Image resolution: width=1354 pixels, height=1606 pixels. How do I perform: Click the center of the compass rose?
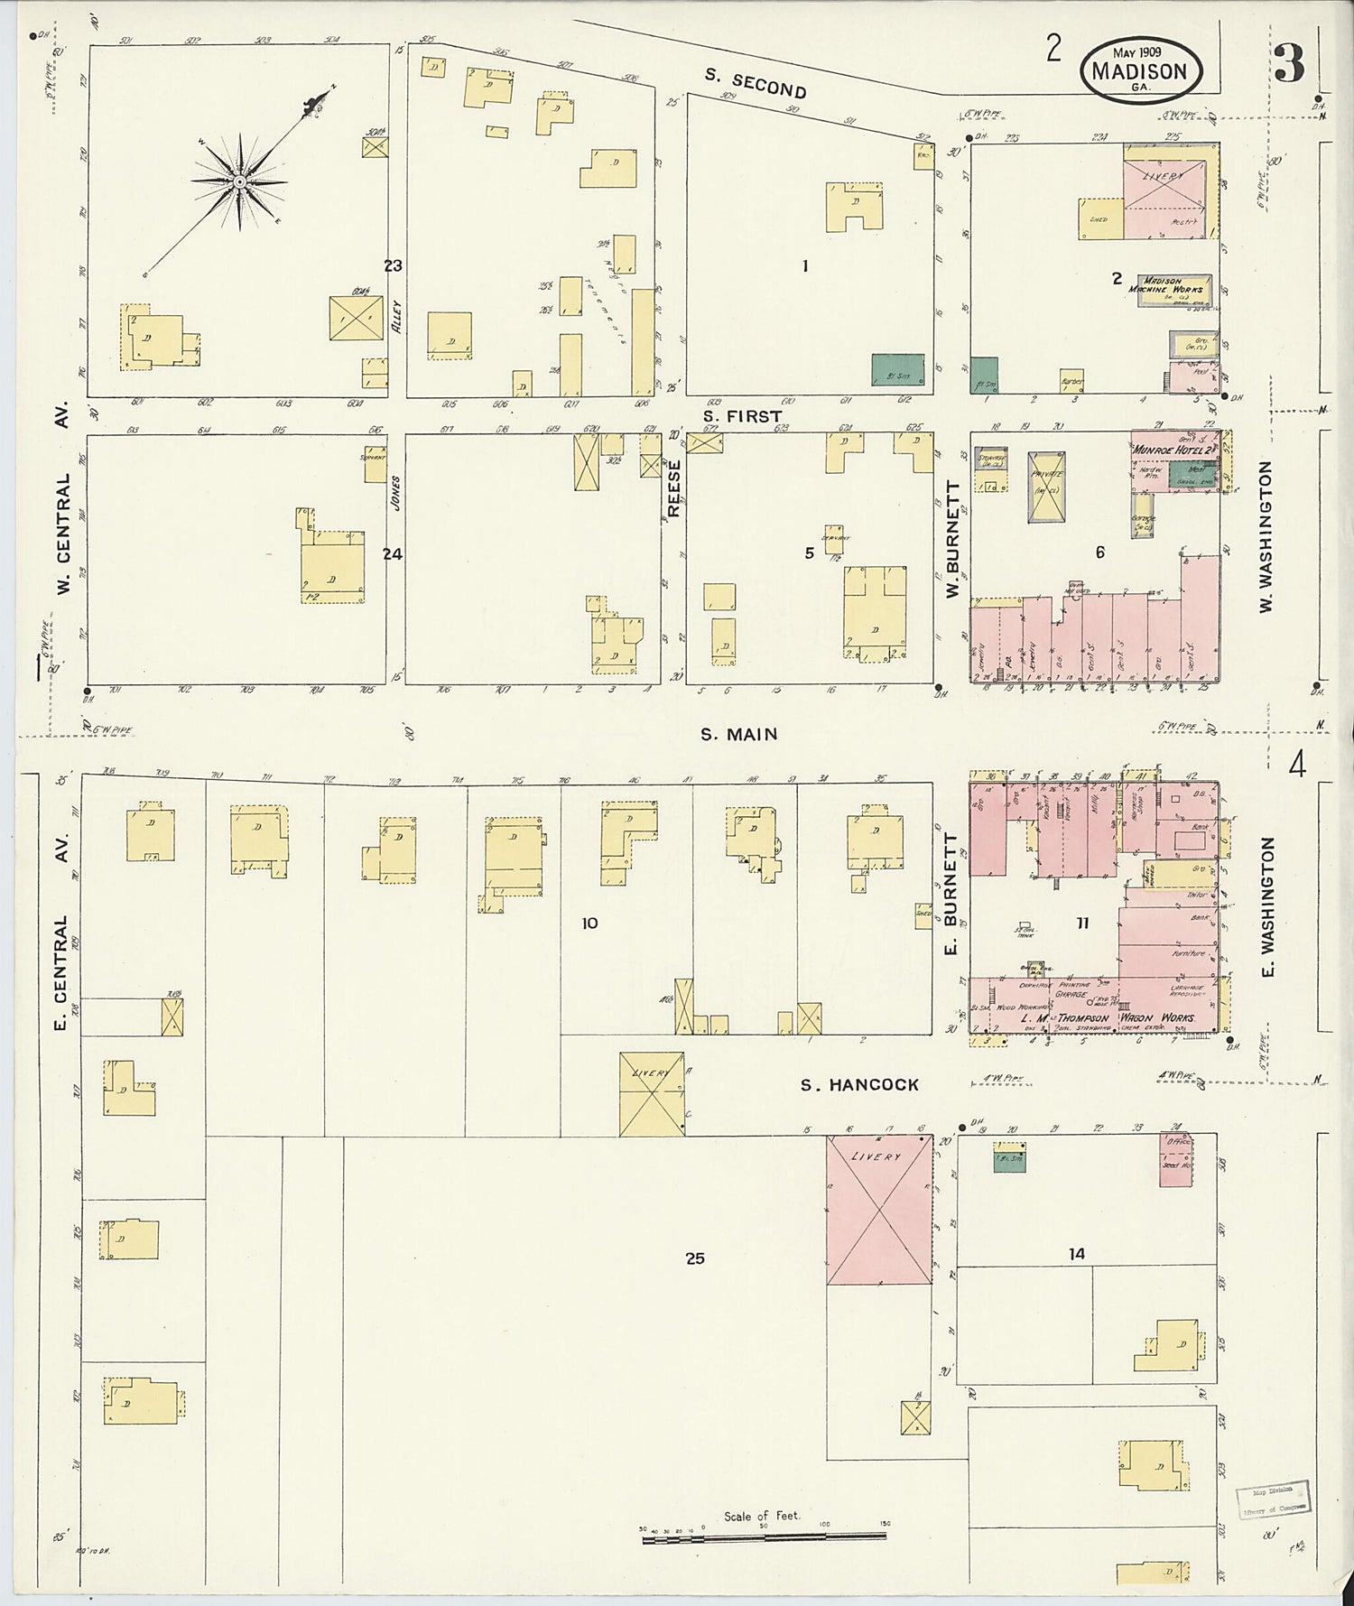(239, 182)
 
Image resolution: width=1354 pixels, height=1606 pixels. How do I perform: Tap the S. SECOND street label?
(756, 84)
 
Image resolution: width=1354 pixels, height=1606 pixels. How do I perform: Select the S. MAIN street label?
(739, 735)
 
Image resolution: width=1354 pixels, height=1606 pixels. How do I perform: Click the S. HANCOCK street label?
(859, 1085)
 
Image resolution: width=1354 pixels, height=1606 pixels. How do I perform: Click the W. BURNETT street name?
(951, 540)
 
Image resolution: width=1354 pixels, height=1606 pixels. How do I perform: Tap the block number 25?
(694, 1258)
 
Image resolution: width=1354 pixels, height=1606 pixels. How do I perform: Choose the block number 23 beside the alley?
(392, 265)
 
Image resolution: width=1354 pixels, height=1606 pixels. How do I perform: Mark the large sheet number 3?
(1289, 62)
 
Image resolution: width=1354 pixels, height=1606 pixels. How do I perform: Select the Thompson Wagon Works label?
(1109, 1018)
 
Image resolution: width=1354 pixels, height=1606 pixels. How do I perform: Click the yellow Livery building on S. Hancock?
(651, 1093)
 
